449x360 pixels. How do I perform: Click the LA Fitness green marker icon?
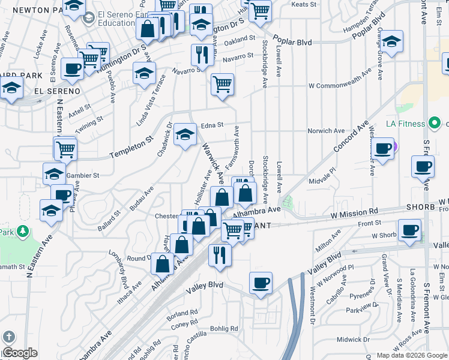click(434, 124)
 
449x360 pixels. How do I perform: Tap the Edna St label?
click(212, 125)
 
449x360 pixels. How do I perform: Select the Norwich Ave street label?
click(326, 130)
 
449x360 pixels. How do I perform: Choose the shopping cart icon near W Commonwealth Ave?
click(222, 83)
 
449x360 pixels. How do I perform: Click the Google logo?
click(19, 353)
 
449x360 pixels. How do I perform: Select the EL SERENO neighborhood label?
click(57, 91)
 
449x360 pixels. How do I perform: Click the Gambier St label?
click(86, 175)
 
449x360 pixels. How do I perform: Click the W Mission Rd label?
click(354, 212)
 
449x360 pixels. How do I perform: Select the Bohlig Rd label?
click(224, 328)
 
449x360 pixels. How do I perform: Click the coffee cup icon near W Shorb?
click(411, 229)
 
